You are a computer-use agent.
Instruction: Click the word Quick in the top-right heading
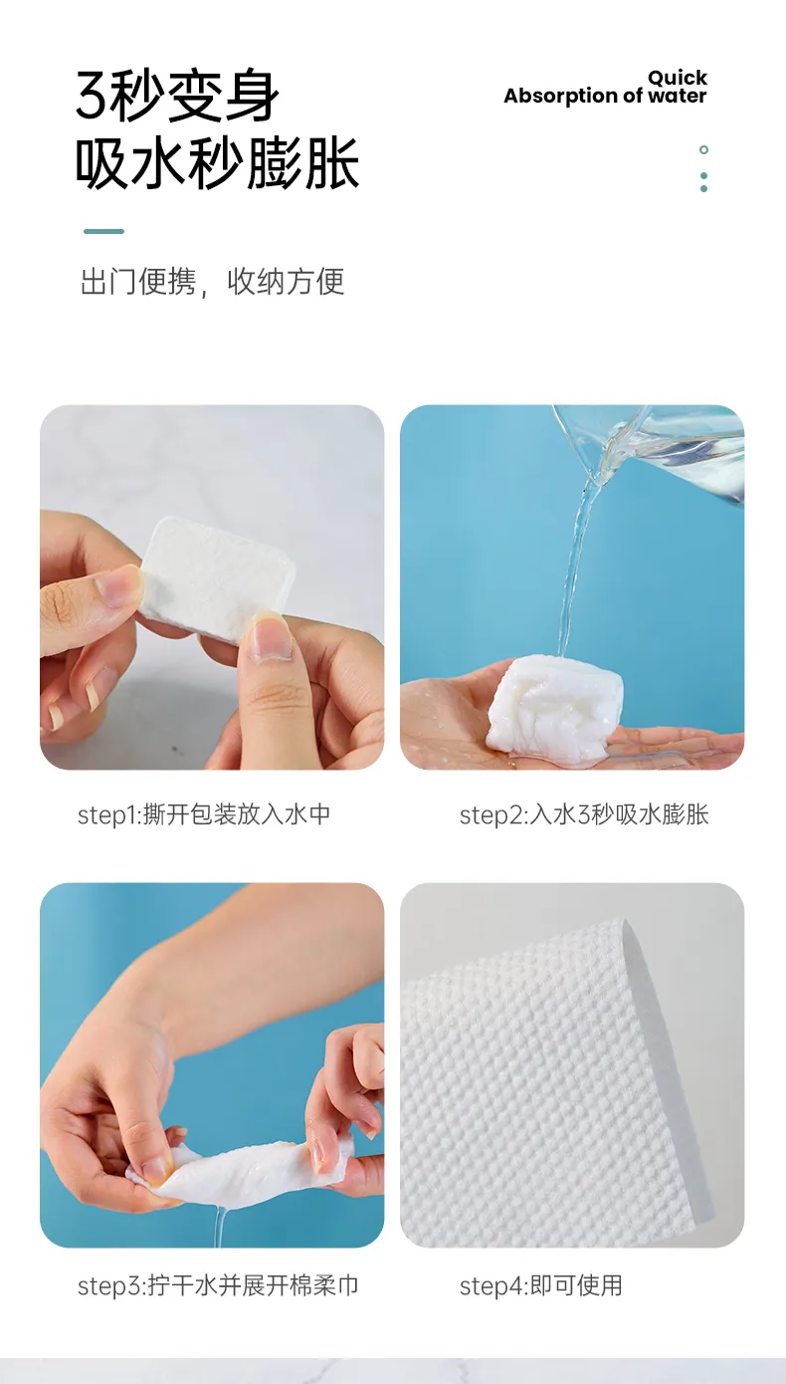[x=678, y=78]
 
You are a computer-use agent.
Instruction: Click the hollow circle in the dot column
[x=703, y=149]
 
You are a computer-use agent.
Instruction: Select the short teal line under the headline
[x=103, y=231]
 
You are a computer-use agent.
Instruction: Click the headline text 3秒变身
[x=177, y=96]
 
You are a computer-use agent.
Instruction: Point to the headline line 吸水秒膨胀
[x=217, y=163]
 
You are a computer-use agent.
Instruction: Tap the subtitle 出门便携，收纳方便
[x=212, y=282]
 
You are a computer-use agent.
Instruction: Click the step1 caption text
[x=204, y=814]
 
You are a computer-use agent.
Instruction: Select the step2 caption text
[x=584, y=814]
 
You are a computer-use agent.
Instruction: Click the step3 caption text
[x=218, y=1285]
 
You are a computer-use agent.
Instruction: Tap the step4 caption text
[x=541, y=1285]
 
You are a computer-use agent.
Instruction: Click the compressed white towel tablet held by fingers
[x=216, y=574]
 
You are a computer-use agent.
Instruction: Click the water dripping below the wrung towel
[x=219, y=1228]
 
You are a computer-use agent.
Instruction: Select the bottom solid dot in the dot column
[x=703, y=188]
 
